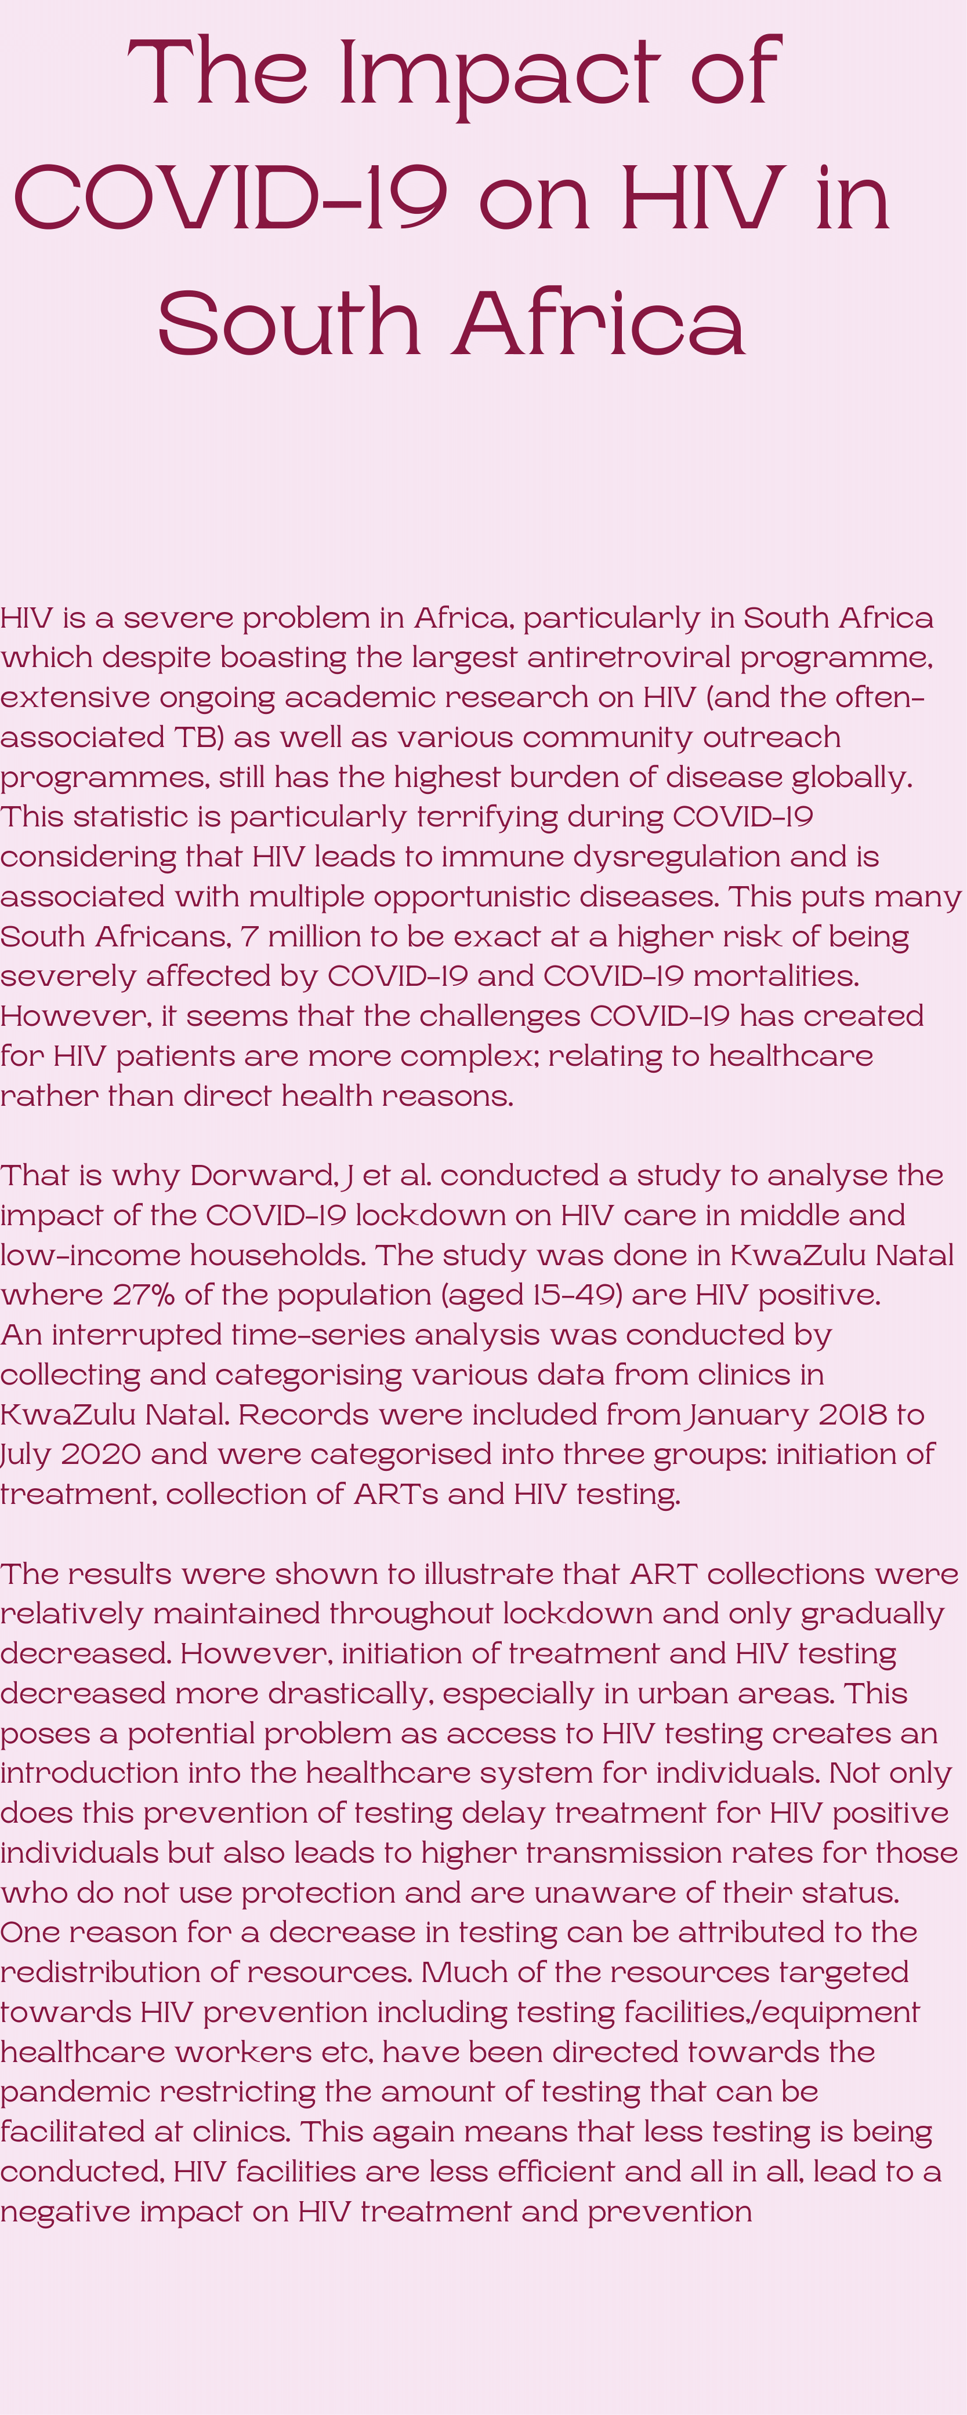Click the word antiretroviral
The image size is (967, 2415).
pos(628,657)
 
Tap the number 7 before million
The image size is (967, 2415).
pos(248,935)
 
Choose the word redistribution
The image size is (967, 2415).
pos(99,1972)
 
